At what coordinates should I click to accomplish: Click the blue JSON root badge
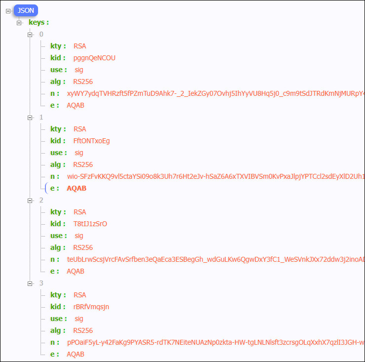click(x=26, y=10)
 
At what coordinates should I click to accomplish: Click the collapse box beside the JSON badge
click(x=8, y=11)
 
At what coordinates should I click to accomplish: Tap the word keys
click(x=37, y=22)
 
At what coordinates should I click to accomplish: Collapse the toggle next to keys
click(x=19, y=23)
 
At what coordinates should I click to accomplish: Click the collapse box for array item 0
click(x=30, y=35)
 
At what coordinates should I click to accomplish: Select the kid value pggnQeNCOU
click(x=94, y=58)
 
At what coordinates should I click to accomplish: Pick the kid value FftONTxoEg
click(x=91, y=141)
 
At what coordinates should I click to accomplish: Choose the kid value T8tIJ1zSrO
click(x=90, y=224)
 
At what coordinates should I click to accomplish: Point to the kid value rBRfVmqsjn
click(x=91, y=307)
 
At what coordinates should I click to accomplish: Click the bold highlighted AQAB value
click(x=77, y=188)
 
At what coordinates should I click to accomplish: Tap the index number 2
click(x=41, y=200)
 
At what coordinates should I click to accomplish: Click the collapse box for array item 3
click(x=30, y=283)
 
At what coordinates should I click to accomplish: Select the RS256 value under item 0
click(x=83, y=81)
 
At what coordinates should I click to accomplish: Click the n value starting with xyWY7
click(x=216, y=93)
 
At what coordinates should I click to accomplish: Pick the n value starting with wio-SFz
click(x=216, y=176)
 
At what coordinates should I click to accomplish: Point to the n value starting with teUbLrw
click(x=216, y=259)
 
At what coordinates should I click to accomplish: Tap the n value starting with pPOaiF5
click(x=216, y=342)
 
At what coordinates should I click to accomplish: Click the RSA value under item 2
click(x=80, y=212)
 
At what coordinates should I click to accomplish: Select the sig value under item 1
click(x=79, y=153)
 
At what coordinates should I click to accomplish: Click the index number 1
click(x=41, y=117)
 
